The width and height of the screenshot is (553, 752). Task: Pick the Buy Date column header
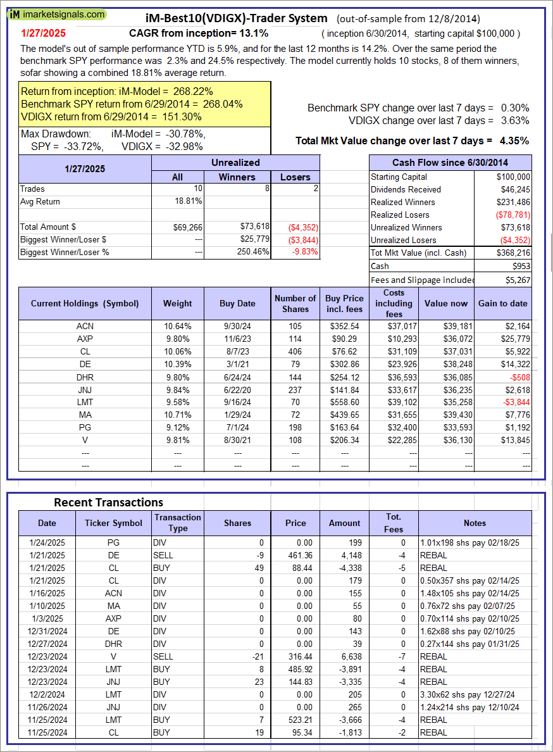pos(237,303)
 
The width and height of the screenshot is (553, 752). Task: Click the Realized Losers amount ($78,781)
pos(512,215)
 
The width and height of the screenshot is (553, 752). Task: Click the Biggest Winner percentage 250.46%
pos(254,251)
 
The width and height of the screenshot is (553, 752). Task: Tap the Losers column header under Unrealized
pos(295,177)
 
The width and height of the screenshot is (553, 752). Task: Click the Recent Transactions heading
pos(108,502)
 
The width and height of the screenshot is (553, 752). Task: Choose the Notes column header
pos(475,523)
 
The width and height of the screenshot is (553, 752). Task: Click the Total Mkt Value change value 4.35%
pos(514,141)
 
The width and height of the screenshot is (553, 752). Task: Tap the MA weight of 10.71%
pos(177,415)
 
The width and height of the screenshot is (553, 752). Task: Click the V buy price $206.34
pos(345,440)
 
